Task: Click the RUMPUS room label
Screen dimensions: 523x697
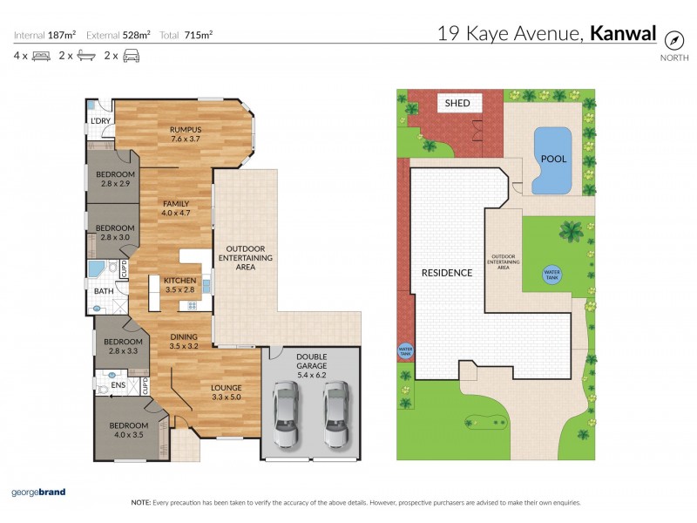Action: coord(185,133)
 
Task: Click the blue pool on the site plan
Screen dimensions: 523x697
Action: coord(551,160)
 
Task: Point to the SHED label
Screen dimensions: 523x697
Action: coord(457,103)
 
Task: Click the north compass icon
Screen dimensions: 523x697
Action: coord(673,40)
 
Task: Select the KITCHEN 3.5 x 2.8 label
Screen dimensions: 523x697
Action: coord(181,285)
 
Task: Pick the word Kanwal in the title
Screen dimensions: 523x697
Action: coord(622,34)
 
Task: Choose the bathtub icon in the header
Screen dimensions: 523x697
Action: coord(85,56)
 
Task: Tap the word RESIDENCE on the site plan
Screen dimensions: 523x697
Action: coord(446,273)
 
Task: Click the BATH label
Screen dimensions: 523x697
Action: coord(103,291)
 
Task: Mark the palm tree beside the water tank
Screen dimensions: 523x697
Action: coord(572,232)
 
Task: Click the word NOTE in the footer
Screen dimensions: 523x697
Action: coord(141,503)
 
